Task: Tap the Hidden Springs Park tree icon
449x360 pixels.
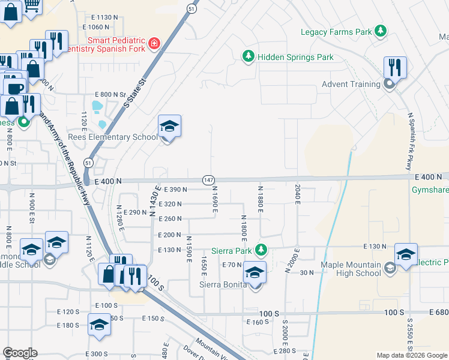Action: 248,57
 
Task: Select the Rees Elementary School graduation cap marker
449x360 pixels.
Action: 169,127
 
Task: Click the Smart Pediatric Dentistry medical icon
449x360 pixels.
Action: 154,43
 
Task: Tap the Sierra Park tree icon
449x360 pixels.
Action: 261,249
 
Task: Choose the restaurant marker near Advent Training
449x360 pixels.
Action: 395,67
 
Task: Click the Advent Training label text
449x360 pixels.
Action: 351,84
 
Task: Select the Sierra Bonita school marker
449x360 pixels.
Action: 255,273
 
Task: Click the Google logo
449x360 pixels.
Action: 20,353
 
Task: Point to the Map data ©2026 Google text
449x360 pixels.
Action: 412,355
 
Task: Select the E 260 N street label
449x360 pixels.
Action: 169,219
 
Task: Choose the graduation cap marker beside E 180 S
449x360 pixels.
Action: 99,325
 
